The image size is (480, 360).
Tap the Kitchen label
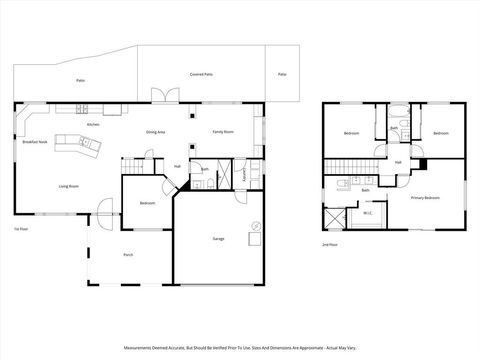click(x=92, y=124)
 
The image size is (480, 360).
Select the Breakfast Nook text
click(x=36, y=142)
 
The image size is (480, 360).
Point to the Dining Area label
click(x=155, y=132)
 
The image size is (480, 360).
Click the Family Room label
click(x=222, y=132)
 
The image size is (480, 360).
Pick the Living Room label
click(x=68, y=186)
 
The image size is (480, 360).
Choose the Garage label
click(x=218, y=238)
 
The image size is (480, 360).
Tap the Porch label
click(x=128, y=255)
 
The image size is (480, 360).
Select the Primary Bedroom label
click(x=426, y=198)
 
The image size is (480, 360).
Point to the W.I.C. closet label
click(x=367, y=212)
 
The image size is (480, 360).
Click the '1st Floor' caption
click(x=20, y=229)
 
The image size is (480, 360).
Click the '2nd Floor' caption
click(x=329, y=244)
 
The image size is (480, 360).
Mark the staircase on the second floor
click(x=347, y=165)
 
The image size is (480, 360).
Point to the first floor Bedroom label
click(x=146, y=203)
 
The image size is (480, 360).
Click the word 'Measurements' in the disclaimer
click(x=140, y=348)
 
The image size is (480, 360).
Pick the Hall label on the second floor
click(x=397, y=162)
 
